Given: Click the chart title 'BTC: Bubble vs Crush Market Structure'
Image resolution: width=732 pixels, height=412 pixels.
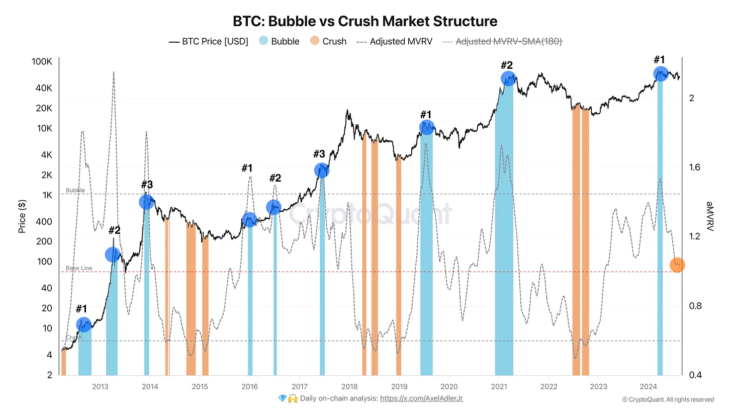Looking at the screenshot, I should pyautogui.click(x=365, y=22).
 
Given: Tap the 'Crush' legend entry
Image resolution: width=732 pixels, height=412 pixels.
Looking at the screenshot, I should pyautogui.click(x=334, y=41).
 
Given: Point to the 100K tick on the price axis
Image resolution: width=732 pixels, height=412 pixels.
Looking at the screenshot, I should pyautogui.click(x=42, y=62).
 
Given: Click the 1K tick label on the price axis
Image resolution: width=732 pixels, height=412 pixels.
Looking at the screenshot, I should pyautogui.click(x=47, y=195).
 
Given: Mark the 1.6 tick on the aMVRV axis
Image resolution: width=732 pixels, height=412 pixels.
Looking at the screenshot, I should pyautogui.click(x=695, y=168).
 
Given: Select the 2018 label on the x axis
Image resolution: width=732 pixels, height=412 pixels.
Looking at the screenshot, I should pyautogui.click(x=349, y=386).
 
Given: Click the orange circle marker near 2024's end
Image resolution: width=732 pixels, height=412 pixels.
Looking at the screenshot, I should pyautogui.click(x=677, y=265).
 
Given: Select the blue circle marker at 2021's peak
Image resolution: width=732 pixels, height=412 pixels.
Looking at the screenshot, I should pyautogui.click(x=509, y=78).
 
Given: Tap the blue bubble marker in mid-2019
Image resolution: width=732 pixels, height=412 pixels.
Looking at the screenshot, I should pyautogui.click(x=427, y=127).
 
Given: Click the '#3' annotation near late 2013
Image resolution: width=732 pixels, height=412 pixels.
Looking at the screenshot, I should pyautogui.click(x=147, y=185).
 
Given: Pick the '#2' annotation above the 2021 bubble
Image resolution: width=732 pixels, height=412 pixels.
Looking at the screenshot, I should pyautogui.click(x=506, y=65).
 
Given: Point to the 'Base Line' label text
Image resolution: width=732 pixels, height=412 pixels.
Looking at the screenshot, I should pyautogui.click(x=79, y=268).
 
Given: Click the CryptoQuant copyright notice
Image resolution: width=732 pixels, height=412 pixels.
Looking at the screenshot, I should pyautogui.click(x=668, y=399).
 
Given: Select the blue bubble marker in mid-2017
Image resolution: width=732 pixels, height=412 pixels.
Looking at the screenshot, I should pyautogui.click(x=322, y=171).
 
